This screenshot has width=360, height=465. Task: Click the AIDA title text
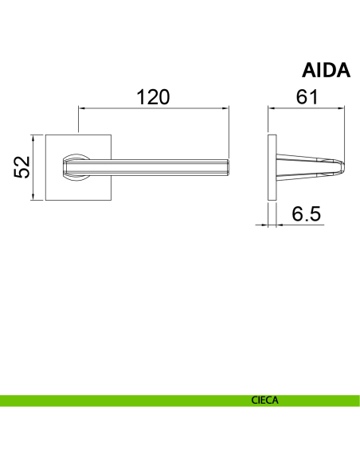(326, 71)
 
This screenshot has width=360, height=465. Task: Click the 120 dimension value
(153, 97)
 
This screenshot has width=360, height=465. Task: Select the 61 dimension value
(307, 96)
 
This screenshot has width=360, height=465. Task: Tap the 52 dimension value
(22, 167)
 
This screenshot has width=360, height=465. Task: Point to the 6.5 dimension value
(306, 213)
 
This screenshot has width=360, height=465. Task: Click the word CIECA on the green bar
(264, 401)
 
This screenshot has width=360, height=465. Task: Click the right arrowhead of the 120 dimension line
(226, 108)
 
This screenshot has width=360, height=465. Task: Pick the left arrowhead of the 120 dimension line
(82, 108)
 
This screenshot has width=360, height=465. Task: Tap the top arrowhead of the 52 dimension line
(33, 139)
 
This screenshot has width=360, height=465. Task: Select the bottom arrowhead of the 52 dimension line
(33, 197)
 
